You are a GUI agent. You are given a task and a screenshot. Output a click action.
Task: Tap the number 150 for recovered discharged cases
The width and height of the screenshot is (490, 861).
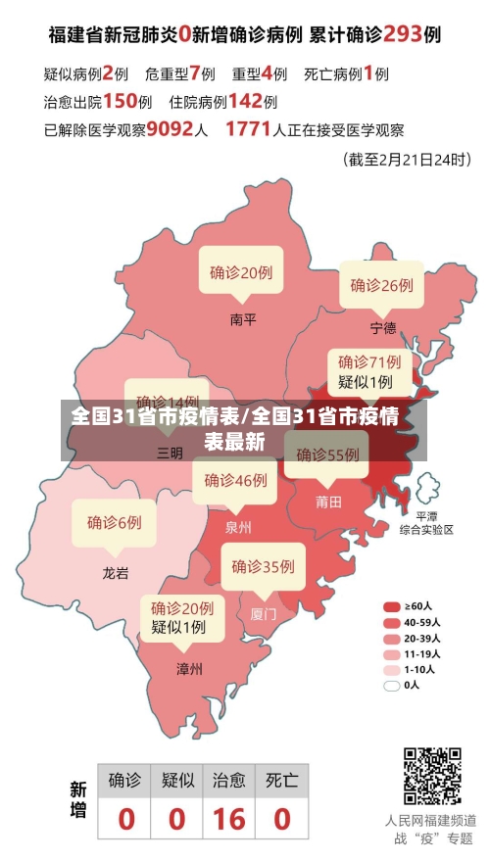pos(121,100)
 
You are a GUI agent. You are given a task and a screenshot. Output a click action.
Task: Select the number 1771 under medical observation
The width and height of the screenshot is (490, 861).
pos(248,128)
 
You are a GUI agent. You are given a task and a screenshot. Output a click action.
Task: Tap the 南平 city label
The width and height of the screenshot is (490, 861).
pos(242,318)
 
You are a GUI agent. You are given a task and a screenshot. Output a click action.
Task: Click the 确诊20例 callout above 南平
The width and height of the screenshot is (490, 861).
pos(241,273)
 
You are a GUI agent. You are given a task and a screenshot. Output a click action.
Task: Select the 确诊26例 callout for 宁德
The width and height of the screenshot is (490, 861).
pos(382,285)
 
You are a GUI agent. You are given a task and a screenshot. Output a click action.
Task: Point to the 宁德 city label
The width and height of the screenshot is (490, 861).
pos(383,326)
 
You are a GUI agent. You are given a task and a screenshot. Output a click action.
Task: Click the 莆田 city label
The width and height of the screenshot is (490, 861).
pos(328,502)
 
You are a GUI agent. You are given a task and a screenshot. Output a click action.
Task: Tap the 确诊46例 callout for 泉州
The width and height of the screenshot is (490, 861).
pos(235,480)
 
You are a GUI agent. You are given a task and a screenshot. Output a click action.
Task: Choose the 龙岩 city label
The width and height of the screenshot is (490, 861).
pos(115,573)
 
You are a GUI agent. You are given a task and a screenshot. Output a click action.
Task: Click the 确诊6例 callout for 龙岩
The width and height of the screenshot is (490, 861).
pos(115,522)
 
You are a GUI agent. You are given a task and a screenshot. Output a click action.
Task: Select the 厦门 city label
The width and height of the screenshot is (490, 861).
pos(264,614)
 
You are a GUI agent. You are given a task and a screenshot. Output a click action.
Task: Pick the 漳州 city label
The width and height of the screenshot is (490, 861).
pos(189,669)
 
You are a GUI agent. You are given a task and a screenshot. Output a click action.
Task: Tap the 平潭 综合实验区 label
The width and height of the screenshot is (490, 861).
pos(426,522)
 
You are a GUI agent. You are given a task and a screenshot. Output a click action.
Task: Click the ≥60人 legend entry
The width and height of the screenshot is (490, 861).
pos(412,605)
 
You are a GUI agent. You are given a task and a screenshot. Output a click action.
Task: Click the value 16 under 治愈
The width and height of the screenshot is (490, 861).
pos(228,818)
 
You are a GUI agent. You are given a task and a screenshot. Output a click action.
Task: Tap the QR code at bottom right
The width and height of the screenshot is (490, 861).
pos(432,775)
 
